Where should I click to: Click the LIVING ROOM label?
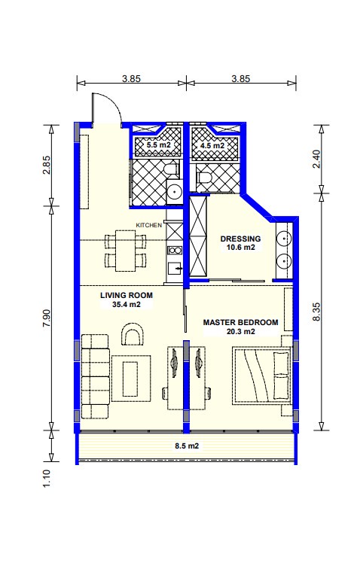(x=127, y=295)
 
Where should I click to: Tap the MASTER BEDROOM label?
(x=240, y=323)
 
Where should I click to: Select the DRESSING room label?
(x=240, y=239)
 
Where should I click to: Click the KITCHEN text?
(x=148, y=225)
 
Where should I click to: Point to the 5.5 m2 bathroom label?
(x=158, y=144)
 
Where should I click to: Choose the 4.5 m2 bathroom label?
(x=212, y=145)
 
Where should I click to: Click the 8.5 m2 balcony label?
(x=187, y=446)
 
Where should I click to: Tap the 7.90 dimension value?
(x=47, y=318)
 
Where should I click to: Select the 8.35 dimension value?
(x=316, y=312)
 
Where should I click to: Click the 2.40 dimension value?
(x=316, y=159)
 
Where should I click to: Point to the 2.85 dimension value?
(x=47, y=165)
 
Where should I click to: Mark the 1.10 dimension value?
(x=47, y=479)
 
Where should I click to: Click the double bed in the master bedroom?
(x=261, y=374)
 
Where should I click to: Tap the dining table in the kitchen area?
(x=125, y=251)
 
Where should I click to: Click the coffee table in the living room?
(x=131, y=378)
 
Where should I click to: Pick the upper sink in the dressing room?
(x=284, y=239)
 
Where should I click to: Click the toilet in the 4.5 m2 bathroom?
(x=204, y=178)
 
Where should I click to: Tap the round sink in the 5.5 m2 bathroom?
(x=174, y=192)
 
